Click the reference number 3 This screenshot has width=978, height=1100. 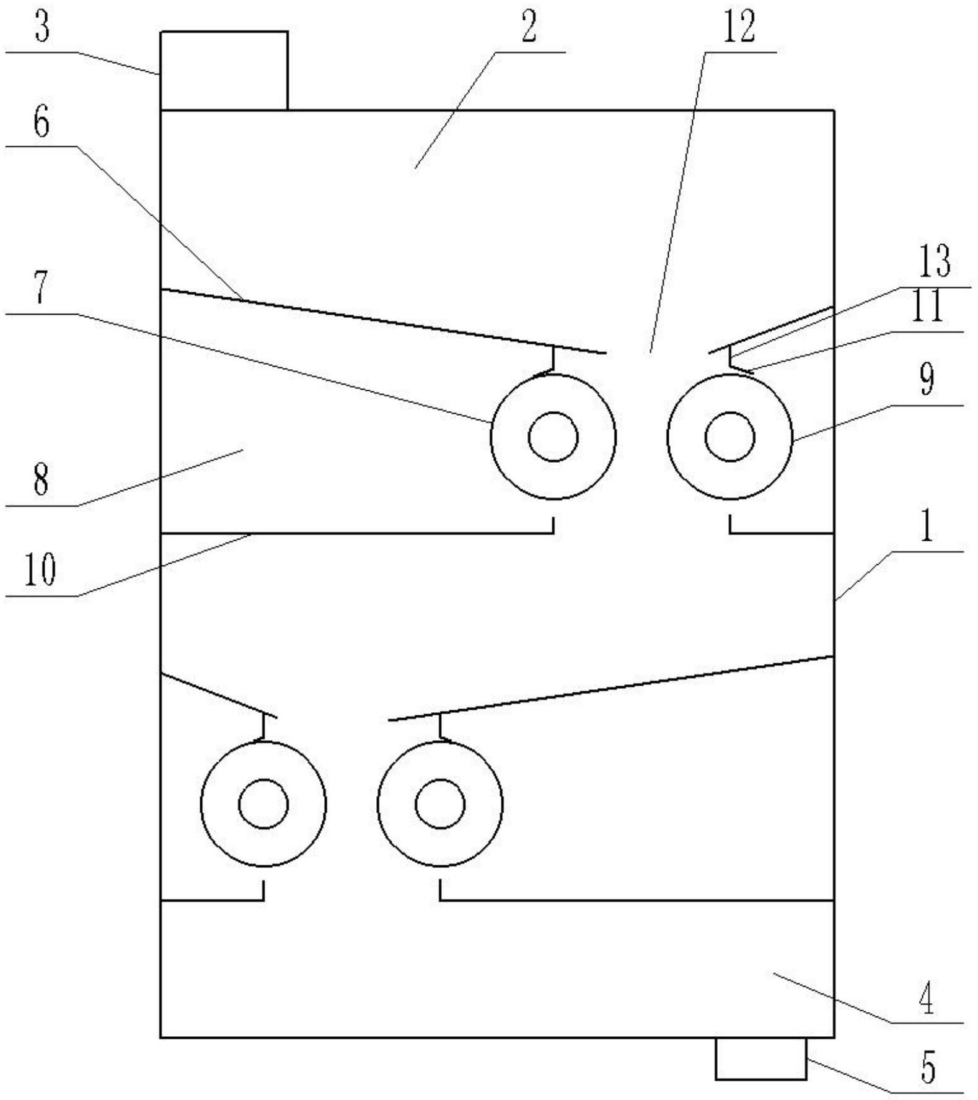pyautogui.click(x=42, y=28)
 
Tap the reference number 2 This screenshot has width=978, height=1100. pyautogui.click(x=528, y=28)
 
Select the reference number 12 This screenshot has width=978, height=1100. pyautogui.click(x=739, y=28)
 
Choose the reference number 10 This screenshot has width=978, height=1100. pyautogui.click(x=40, y=569)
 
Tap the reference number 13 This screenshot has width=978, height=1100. pyautogui.click(x=934, y=261)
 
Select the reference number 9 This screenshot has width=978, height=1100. pyautogui.click(x=927, y=380)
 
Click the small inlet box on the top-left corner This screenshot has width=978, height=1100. pyautogui.click(x=224, y=71)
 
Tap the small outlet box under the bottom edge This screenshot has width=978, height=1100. pyautogui.click(x=761, y=1058)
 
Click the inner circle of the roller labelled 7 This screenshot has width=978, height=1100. pyautogui.click(x=553, y=437)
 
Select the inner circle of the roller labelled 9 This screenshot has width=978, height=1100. pyautogui.click(x=730, y=437)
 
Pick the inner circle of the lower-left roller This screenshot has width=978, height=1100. pyautogui.click(x=263, y=804)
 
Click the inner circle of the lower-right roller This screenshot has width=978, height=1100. pyautogui.click(x=440, y=804)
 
